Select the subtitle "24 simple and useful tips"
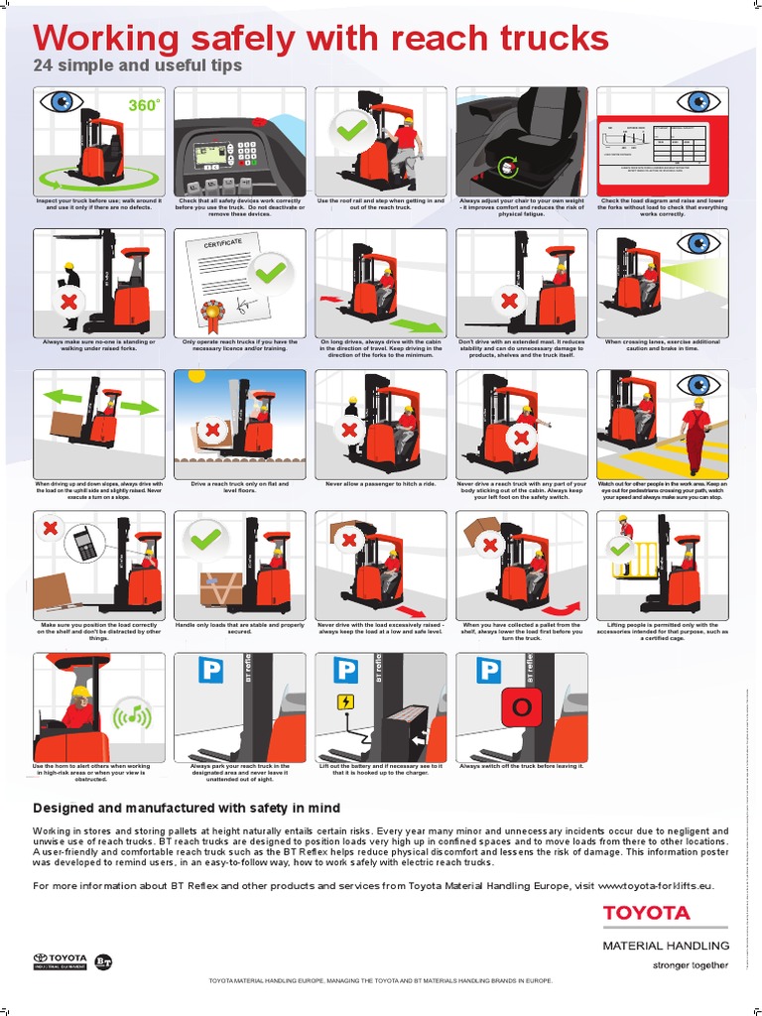tap(137, 66)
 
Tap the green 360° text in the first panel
tap(144, 105)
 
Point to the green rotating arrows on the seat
tap(509, 166)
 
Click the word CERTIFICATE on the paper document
tap(223, 243)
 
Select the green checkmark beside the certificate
tap(269, 268)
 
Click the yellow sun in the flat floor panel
tap(195, 375)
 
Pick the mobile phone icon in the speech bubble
tap(84, 544)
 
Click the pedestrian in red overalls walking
tap(697, 435)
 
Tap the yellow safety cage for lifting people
tap(644, 558)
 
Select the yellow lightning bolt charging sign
tap(345, 703)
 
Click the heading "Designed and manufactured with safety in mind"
tap(187, 808)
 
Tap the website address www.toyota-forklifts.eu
tap(655, 886)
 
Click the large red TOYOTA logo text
tap(646, 913)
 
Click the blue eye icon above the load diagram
tap(698, 102)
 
